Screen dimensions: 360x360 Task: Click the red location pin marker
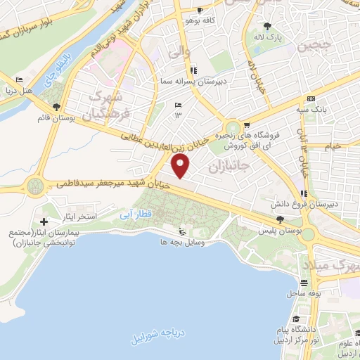tap(181, 167)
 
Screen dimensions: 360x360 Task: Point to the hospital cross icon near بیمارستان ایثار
tap(44, 222)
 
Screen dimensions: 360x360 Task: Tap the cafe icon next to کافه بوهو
tap(200, 11)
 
